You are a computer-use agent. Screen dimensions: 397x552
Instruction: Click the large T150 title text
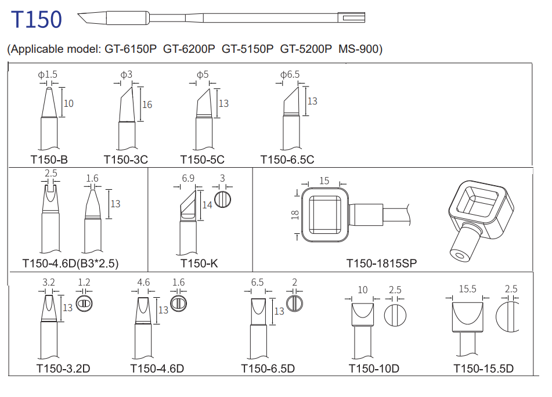[x=37, y=20]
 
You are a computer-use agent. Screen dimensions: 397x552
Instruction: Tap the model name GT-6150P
[x=131, y=49]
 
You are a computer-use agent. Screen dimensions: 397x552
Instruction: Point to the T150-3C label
[x=126, y=159]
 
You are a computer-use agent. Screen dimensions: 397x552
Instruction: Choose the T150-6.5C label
[x=287, y=159]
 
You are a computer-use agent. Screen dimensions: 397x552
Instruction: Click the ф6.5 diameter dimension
[x=290, y=75]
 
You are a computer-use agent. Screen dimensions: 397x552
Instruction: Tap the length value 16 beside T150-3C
[x=147, y=104]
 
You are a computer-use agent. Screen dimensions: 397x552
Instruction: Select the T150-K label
[x=199, y=263]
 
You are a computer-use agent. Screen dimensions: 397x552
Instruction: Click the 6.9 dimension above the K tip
[x=188, y=179]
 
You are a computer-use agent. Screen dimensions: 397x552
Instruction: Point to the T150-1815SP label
[x=381, y=263]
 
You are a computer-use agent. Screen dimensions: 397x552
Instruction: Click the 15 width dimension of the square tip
[x=324, y=181]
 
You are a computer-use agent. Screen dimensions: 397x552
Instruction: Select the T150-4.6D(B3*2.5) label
[x=70, y=263]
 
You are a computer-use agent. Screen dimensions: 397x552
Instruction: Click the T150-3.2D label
[x=63, y=368]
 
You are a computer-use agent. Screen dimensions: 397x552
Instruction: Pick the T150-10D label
[x=374, y=368]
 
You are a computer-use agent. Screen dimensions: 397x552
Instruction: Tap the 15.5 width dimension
[x=467, y=288]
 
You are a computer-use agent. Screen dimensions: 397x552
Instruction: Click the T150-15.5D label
[x=484, y=368]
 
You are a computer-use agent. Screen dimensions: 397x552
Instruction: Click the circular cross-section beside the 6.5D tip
[x=295, y=303]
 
